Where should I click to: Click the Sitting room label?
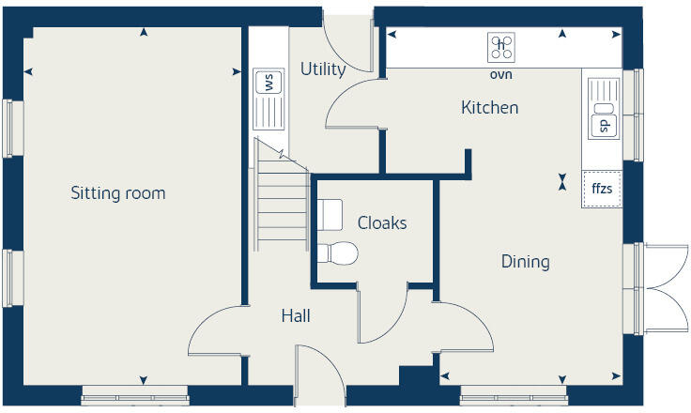118,193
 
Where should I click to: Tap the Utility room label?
323,69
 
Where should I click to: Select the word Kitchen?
489,108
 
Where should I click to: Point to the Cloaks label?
382,222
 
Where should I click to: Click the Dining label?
525,262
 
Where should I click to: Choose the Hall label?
296,316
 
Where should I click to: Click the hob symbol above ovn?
501,45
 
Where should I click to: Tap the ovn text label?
501,74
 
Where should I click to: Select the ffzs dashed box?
601,189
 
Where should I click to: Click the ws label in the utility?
269,82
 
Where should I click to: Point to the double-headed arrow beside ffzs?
562,180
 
